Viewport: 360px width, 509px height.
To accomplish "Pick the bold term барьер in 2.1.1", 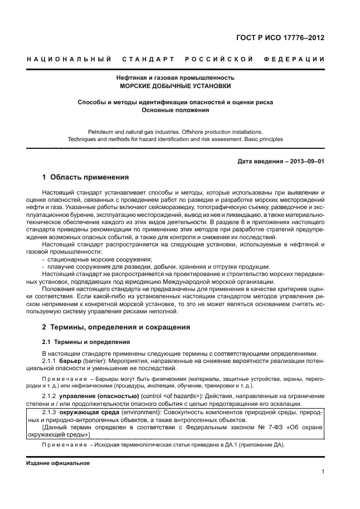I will [70, 361].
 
